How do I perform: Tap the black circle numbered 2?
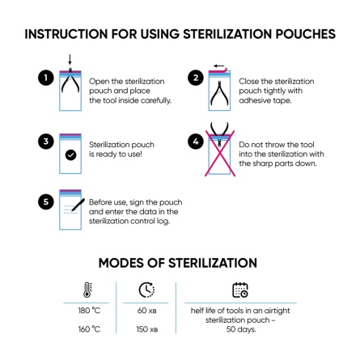point(193,78)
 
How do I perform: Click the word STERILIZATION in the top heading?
point(213,35)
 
